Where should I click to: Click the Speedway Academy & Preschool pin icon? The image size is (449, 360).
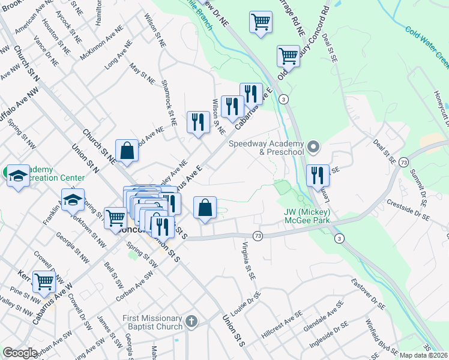click(x=313, y=147)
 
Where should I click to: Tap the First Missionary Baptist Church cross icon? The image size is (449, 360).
click(x=191, y=322)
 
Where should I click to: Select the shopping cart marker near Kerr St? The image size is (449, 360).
click(x=44, y=282)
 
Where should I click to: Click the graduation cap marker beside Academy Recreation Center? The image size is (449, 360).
click(x=18, y=176)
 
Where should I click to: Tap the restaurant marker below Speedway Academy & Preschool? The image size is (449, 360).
click(x=318, y=175)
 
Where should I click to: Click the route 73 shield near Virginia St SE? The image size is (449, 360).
click(x=258, y=236)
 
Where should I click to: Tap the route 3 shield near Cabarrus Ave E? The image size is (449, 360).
click(x=285, y=98)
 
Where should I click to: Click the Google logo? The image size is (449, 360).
click(x=20, y=353)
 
